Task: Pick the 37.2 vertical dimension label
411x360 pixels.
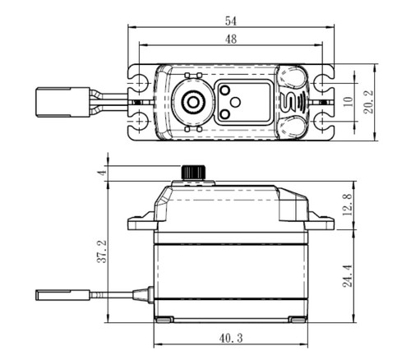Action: [99, 252]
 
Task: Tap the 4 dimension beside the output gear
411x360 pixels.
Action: [101, 173]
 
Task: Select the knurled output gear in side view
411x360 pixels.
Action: [192, 171]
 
